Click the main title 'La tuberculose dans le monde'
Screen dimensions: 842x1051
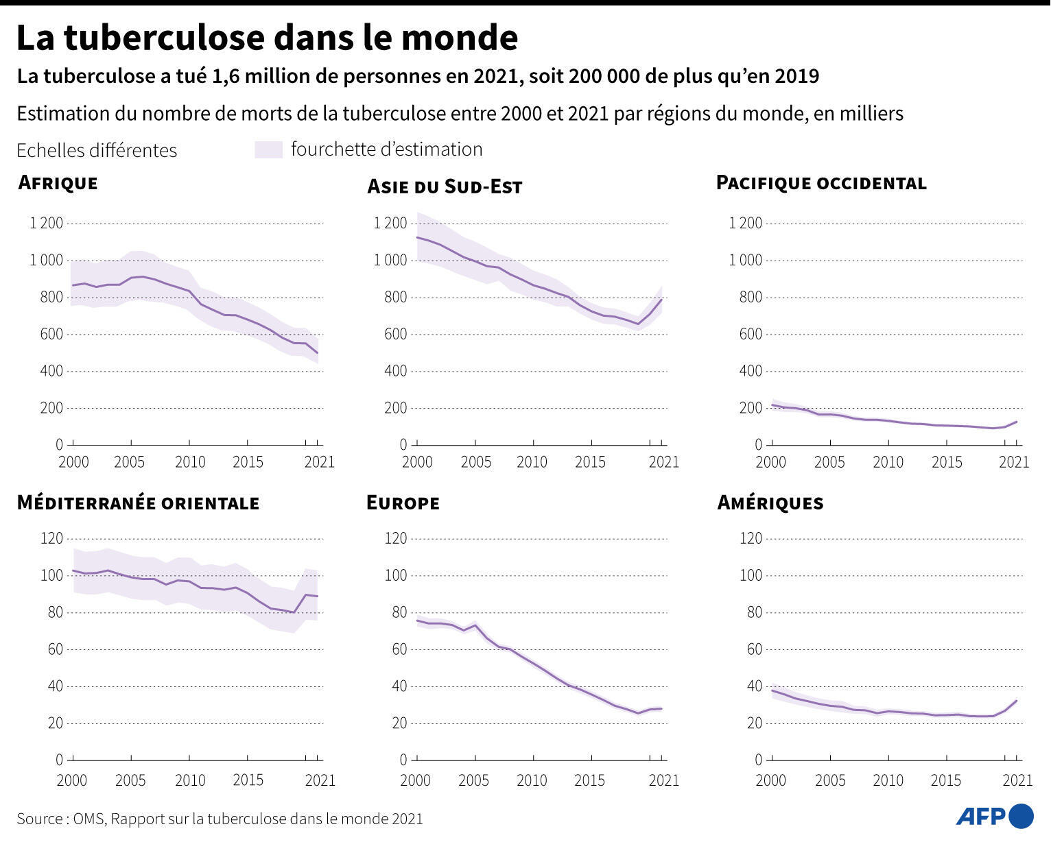pyautogui.click(x=267, y=38)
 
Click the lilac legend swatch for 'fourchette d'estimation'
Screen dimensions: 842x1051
pyautogui.click(x=268, y=149)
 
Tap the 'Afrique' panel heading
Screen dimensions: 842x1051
pyautogui.click(x=58, y=183)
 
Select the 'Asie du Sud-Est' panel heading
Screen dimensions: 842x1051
pyautogui.click(x=445, y=187)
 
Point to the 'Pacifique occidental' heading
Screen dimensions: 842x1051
pyautogui.click(x=821, y=183)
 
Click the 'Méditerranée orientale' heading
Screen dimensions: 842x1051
pyautogui.click(x=138, y=503)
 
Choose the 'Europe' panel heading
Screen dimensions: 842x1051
pyautogui.click(x=403, y=503)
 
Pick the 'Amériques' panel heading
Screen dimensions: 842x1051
pyautogui.click(x=770, y=503)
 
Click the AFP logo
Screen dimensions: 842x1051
pyautogui.click(x=994, y=816)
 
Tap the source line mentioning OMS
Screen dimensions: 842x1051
pyautogui.click(x=220, y=819)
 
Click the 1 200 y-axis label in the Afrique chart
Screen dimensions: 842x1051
pyautogui.click(x=46, y=224)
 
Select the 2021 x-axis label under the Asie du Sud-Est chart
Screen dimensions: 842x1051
pyautogui.click(x=663, y=462)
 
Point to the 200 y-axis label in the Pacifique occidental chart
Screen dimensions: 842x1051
pyautogui.click(x=751, y=408)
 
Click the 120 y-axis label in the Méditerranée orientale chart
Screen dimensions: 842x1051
pyautogui.click(x=51, y=538)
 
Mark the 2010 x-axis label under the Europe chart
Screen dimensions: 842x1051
pyautogui.click(x=532, y=780)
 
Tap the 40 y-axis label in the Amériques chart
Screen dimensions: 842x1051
pyautogui.click(x=754, y=686)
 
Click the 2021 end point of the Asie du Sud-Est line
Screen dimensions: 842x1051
pyautogui.click(x=661, y=299)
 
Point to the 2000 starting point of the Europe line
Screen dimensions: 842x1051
pyautogui.click(x=417, y=621)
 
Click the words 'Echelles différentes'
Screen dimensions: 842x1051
pyautogui.click(x=97, y=151)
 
